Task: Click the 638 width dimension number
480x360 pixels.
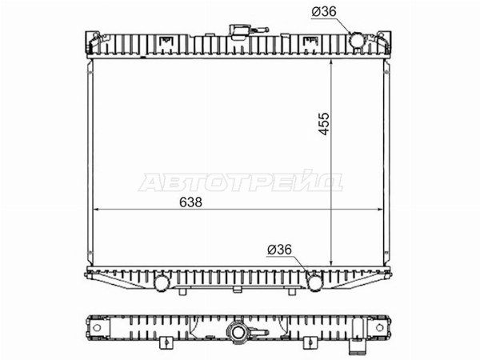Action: (x=190, y=202)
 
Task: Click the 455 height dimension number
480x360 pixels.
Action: (x=323, y=124)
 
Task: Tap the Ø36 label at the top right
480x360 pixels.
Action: (x=324, y=12)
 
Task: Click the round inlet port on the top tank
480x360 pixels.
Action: (x=357, y=40)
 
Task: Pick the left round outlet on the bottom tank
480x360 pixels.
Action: (x=162, y=283)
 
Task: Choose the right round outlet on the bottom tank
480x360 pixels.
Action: (x=314, y=283)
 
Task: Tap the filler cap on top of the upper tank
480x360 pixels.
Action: (x=240, y=31)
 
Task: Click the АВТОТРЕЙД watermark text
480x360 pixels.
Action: (x=241, y=182)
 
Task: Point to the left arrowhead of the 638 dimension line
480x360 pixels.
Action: (x=95, y=210)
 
